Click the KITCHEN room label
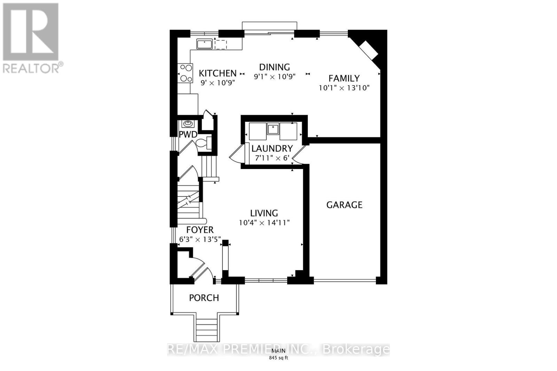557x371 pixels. [x=218, y=73]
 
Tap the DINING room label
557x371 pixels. [x=274, y=67]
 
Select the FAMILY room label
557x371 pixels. [x=344, y=78]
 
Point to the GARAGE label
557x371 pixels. [x=344, y=205]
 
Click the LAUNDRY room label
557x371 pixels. [x=272, y=148]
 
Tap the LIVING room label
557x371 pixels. [x=264, y=213]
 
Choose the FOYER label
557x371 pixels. [x=200, y=230]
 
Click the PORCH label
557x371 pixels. [x=204, y=298]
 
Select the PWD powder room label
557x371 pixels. [x=188, y=135]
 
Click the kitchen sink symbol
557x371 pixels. [x=205, y=44]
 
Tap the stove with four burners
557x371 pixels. [x=186, y=73]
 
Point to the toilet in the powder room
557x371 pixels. [x=204, y=143]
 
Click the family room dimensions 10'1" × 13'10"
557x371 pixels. [x=344, y=88]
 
